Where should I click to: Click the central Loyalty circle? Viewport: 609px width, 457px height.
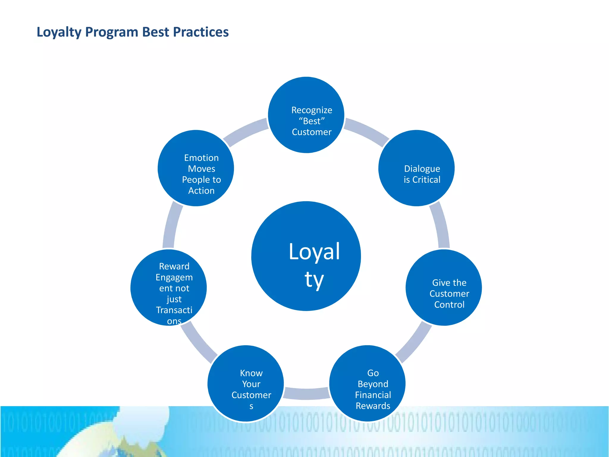coord(306,256)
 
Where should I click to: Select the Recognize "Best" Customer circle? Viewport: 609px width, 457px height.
coord(306,115)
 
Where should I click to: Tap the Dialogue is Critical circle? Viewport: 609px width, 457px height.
coord(416,168)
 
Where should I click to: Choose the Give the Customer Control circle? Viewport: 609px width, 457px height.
coord(444,287)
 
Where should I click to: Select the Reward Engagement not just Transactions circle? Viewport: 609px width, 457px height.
coord(169,287)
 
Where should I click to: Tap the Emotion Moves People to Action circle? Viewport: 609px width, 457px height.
coord(196,168)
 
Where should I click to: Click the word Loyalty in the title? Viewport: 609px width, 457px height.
coord(59,32)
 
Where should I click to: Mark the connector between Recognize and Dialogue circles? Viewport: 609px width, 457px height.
coord(366,131)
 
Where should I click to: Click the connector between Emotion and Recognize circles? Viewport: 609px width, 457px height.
coord(246,131)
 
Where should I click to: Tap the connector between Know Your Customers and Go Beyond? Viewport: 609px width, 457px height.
coord(307,393)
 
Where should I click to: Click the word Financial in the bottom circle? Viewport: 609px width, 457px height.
coord(373,395)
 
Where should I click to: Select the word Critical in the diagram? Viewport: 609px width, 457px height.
coord(426,180)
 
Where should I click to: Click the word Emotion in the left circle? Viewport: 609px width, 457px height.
coord(201,158)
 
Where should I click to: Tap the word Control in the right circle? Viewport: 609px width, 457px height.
coord(449,305)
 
